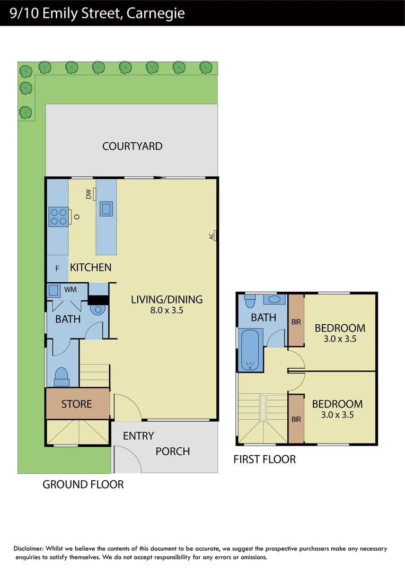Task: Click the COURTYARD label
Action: pos(132,146)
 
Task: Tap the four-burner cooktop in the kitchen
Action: pos(58,216)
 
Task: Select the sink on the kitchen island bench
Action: pos(106,208)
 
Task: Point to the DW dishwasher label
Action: pos(89,195)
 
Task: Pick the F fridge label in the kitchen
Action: pos(57,268)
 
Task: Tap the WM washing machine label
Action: pos(71,290)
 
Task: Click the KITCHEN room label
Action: pos(91,267)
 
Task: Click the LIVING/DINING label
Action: pos(166,299)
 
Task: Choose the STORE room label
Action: pos(76,404)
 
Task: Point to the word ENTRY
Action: pos(138,436)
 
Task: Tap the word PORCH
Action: pos(172,452)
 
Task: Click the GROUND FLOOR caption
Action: pos(83,484)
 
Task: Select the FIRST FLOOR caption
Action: pos(265,459)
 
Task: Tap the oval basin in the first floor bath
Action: pos(275,299)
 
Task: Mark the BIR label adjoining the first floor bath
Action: pos(296,322)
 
